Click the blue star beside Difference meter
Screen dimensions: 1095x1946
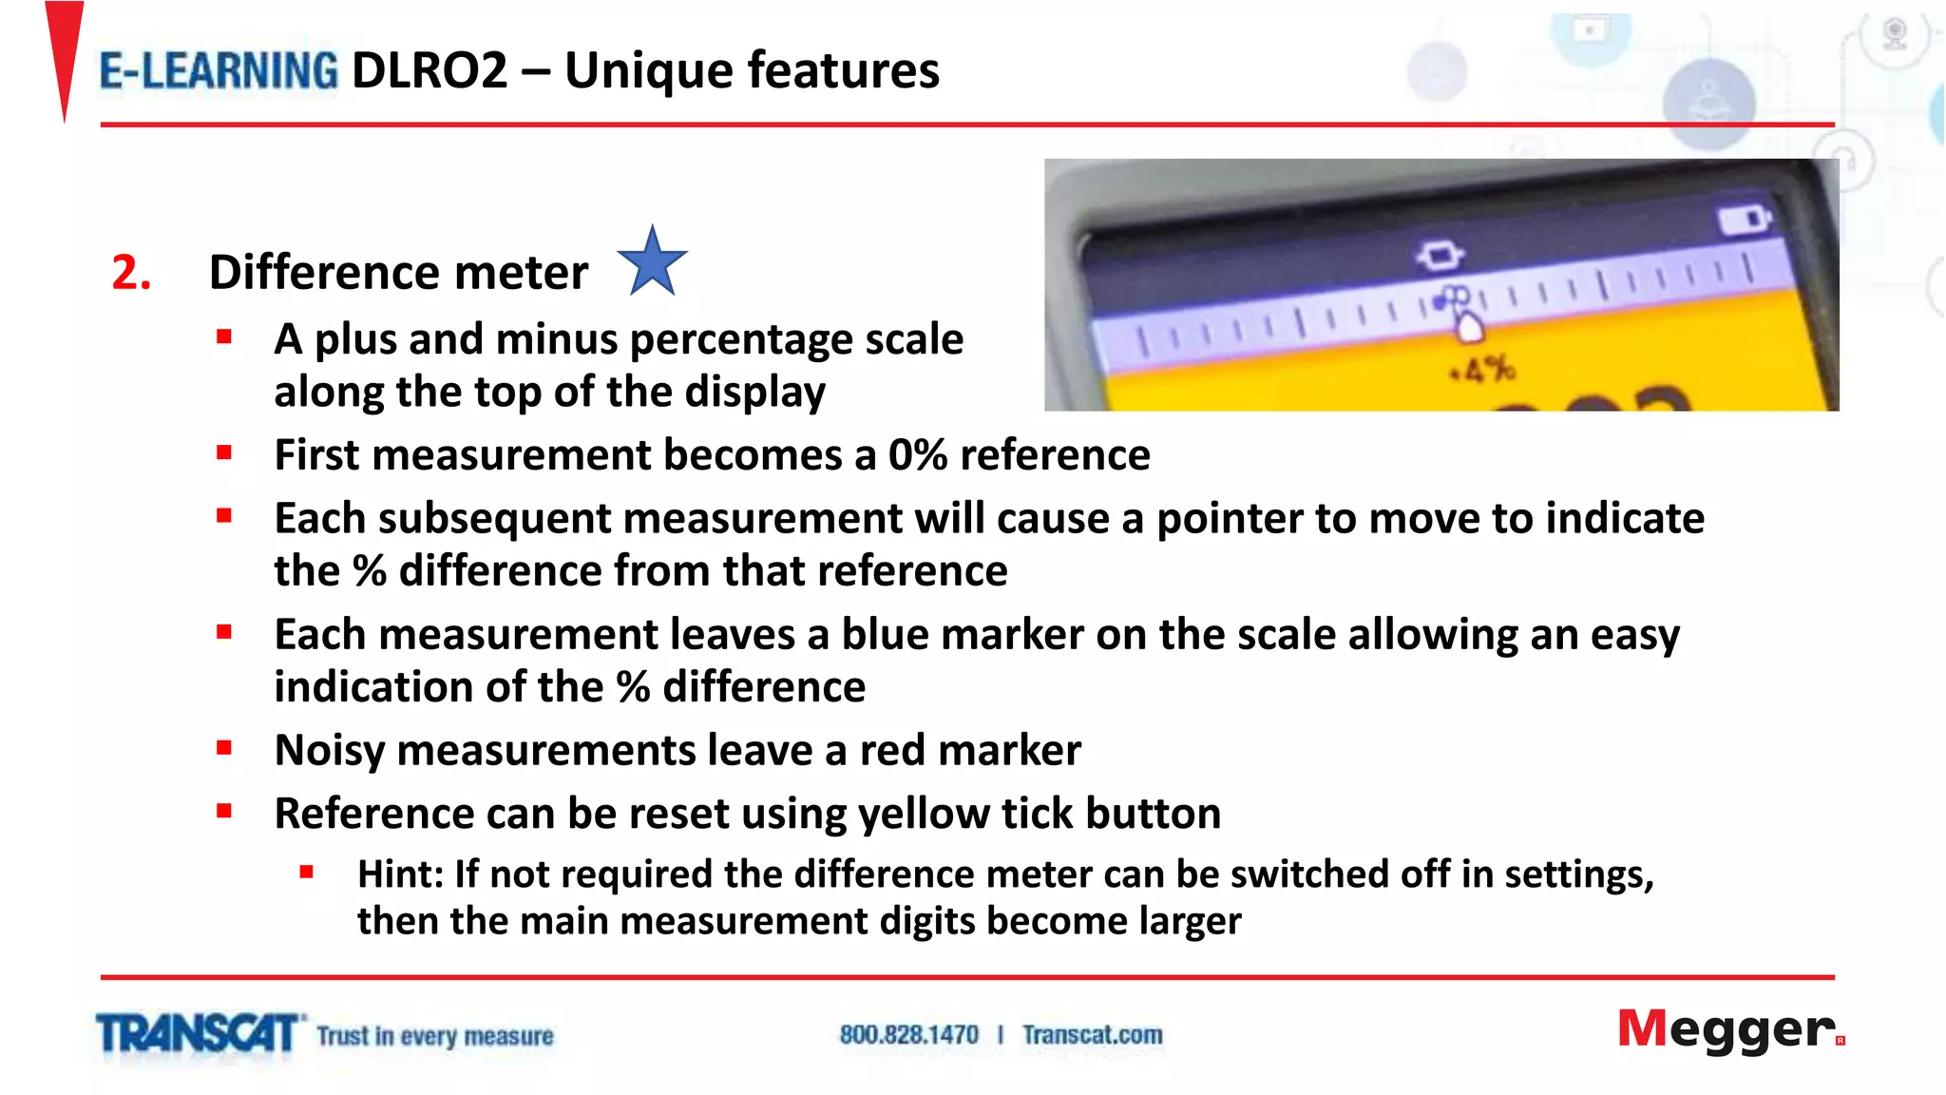tap(652, 262)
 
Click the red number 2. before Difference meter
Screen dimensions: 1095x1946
tap(131, 273)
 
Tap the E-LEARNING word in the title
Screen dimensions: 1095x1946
tap(219, 71)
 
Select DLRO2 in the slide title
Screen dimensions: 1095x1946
tap(429, 71)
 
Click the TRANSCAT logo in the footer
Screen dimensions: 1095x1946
tap(197, 1034)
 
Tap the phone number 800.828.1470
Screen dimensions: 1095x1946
tap(908, 1034)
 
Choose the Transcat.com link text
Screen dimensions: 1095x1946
tap(1092, 1034)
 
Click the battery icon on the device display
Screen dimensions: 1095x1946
tap(1745, 221)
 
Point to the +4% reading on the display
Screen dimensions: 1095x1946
tap(1482, 370)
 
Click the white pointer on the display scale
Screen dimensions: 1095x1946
tap(1469, 328)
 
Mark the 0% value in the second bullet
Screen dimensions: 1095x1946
tap(917, 455)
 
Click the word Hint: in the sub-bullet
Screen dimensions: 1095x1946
tap(400, 874)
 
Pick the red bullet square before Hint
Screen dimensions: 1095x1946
tap(306, 871)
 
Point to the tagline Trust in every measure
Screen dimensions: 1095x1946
tap(435, 1035)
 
